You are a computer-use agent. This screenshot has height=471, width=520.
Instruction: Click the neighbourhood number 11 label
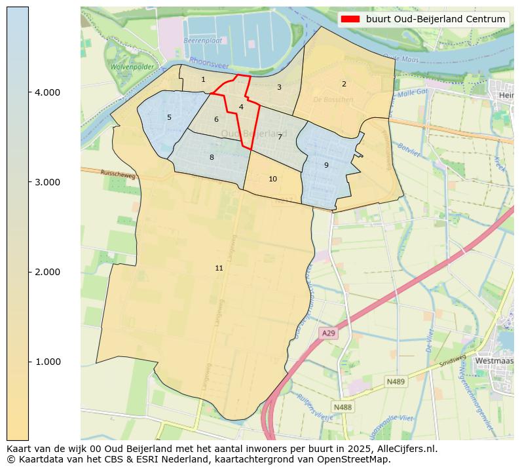219,268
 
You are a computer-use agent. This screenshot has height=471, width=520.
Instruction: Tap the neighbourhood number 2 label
344,84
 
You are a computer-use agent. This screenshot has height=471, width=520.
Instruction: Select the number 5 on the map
169,118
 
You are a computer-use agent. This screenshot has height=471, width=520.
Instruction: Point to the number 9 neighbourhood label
326,165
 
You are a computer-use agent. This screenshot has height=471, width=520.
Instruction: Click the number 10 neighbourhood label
272,179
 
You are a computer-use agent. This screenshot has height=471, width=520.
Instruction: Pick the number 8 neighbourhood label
212,157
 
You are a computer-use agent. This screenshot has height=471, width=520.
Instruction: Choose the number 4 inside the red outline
241,107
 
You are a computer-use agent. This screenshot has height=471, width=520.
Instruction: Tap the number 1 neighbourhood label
203,79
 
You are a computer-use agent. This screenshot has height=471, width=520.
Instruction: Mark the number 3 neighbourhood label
279,87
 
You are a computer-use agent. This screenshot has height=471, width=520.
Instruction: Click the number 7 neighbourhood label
280,137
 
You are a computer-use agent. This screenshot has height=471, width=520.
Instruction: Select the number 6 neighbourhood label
216,119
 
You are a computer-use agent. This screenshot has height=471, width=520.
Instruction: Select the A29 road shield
328,333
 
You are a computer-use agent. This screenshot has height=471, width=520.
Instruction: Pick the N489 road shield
396,381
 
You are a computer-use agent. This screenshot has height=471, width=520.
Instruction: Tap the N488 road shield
342,407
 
